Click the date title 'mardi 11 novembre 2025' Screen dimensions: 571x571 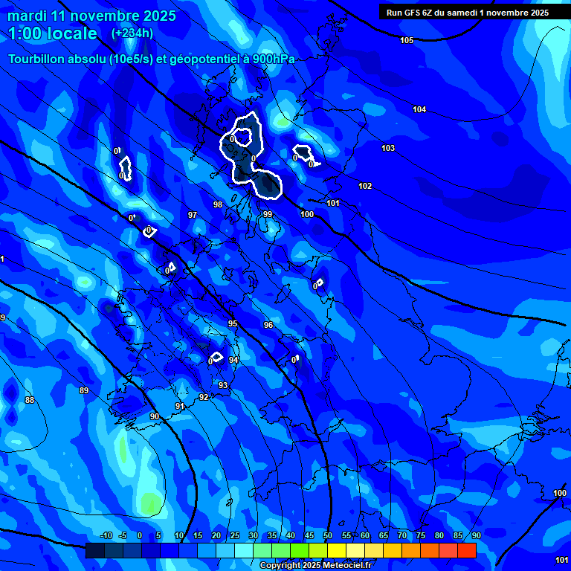91,16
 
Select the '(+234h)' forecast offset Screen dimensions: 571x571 132,33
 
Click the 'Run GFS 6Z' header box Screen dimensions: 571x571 467,12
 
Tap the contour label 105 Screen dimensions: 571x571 407,40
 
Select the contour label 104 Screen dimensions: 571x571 419,109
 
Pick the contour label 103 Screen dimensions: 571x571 388,148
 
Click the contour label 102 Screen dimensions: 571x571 365,186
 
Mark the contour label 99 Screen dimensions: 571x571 268,214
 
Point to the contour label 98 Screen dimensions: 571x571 218,204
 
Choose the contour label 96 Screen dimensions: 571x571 268,325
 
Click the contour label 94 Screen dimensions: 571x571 233,360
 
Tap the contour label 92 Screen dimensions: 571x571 204,397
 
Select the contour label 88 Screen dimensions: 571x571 30,400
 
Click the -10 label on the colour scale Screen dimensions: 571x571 106,535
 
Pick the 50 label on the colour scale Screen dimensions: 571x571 328,535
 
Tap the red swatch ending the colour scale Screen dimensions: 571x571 466,550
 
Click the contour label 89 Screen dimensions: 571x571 84,390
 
